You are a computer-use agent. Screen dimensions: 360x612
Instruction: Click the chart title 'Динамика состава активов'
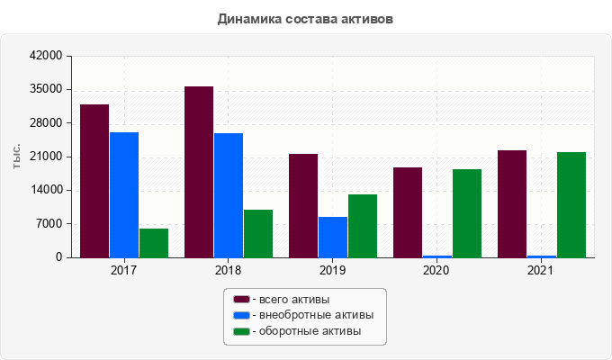[306, 18]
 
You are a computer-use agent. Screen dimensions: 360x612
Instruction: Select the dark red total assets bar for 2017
[94, 181]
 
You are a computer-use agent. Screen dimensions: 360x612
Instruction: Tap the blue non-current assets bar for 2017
[124, 194]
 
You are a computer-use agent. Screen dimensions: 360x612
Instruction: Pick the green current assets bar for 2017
[154, 243]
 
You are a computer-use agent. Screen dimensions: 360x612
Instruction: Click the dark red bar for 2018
[199, 172]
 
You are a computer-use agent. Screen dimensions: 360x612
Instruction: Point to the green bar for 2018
[258, 233]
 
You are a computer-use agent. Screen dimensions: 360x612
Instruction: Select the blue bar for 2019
[333, 237]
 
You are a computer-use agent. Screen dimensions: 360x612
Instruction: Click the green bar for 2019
[363, 226]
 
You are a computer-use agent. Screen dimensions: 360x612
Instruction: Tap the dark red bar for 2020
[408, 212]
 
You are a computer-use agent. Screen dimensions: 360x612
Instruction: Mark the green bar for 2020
[467, 213]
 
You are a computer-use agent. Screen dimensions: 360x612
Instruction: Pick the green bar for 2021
[571, 204]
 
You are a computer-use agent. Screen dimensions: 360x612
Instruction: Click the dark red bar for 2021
[512, 203]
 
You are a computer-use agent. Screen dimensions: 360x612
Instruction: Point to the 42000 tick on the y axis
[46, 56]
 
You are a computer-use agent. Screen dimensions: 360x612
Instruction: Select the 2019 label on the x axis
[333, 270]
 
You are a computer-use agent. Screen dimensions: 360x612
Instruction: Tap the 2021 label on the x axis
[541, 270]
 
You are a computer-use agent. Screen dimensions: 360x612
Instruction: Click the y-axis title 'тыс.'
[17, 157]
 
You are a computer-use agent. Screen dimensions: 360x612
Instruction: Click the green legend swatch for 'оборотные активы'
[241, 331]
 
